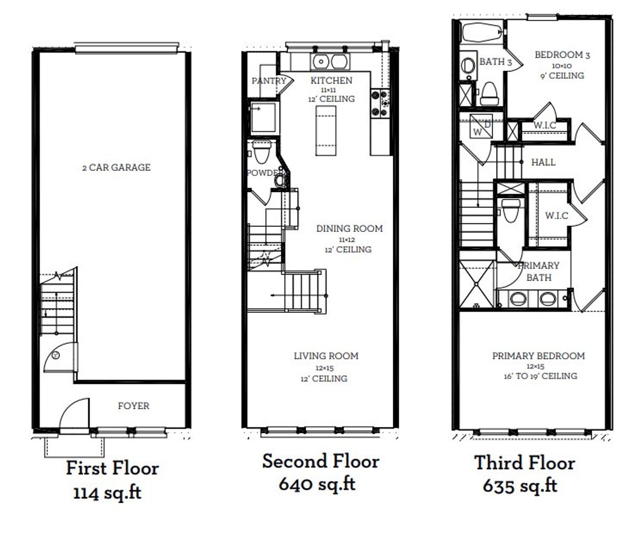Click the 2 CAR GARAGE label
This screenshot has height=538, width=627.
point(116,167)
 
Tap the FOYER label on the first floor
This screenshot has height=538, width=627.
point(133,405)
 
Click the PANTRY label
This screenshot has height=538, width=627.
point(269,81)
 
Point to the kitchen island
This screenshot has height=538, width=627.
point(326,131)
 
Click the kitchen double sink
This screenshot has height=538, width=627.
point(330,62)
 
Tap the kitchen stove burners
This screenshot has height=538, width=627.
point(380,103)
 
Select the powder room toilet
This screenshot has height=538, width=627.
point(262,152)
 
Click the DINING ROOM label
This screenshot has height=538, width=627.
point(349,228)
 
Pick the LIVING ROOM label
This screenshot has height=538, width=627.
point(326,355)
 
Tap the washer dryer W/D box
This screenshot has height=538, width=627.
point(482,126)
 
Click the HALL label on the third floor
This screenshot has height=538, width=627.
point(543,162)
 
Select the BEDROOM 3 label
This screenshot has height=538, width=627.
point(562,55)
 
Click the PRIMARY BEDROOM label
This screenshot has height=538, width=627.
point(538,355)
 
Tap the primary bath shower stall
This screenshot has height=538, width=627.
point(477,284)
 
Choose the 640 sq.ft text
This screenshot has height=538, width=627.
point(317,484)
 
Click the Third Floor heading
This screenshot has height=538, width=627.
point(525,463)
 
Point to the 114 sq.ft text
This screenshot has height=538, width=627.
point(107,492)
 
